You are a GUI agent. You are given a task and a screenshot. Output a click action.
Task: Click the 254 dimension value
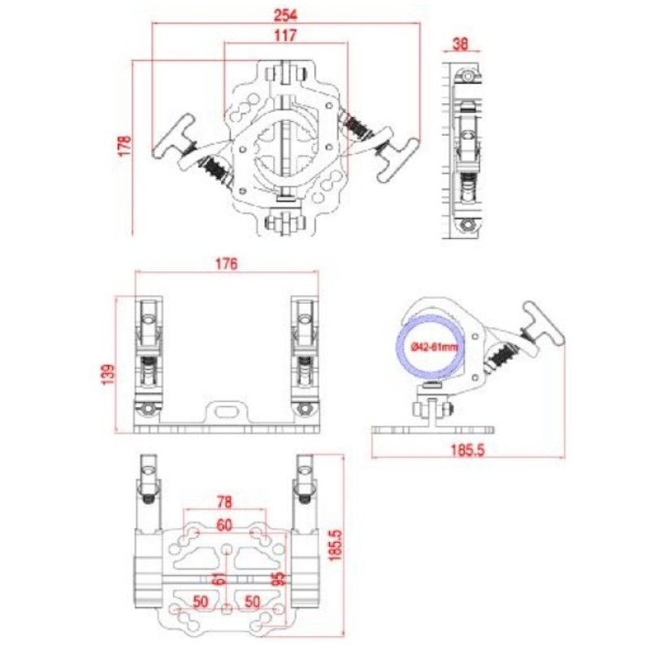[286, 15]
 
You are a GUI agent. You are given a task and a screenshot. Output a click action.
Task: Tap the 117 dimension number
[285, 36]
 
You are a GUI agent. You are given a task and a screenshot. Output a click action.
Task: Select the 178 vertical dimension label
[125, 145]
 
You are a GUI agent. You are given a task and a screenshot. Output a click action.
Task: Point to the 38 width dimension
[461, 44]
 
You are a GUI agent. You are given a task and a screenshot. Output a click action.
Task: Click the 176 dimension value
[227, 263]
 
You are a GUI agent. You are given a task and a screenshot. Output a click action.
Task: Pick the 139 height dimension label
[108, 374]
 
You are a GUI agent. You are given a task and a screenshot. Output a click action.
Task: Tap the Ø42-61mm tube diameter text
[435, 347]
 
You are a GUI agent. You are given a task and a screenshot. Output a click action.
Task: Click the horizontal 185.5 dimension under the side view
[468, 450]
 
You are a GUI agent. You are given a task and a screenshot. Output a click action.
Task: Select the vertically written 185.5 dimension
[335, 544]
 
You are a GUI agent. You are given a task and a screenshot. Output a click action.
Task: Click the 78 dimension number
[224, 502]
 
